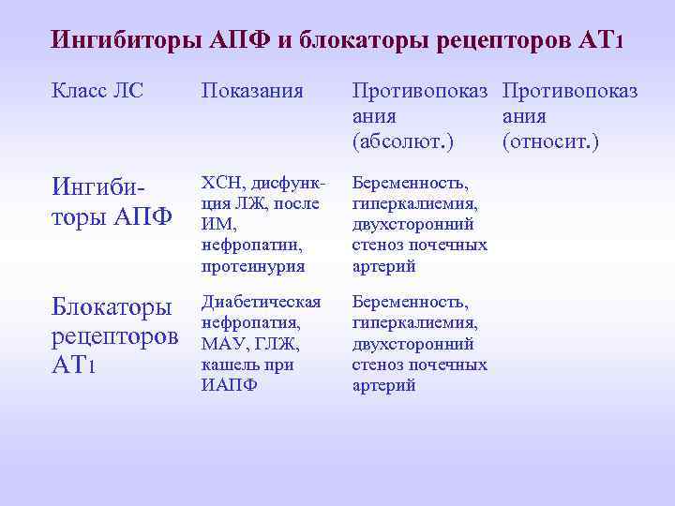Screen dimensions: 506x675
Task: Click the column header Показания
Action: coord(252,91)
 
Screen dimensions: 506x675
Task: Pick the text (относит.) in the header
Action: coord(550,143)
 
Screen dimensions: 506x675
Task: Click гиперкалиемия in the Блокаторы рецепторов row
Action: coord(415,322)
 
